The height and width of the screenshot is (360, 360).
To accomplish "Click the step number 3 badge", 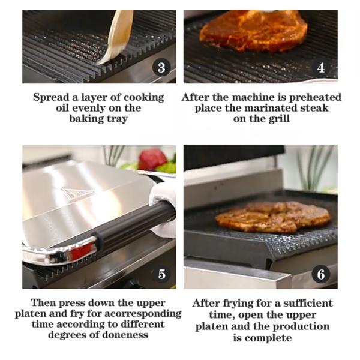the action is [161, 67].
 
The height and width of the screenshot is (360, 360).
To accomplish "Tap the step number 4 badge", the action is [321, 67].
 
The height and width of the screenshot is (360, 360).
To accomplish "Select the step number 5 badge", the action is [161, 274].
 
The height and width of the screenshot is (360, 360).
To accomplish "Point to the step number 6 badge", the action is [321, 274].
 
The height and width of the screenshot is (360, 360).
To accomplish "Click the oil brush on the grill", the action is [117, 37].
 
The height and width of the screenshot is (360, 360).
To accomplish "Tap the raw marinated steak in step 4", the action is [253, 31].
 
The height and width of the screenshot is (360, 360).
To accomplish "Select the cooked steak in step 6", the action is [273, 217].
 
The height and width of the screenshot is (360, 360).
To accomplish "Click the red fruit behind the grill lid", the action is [152, 159].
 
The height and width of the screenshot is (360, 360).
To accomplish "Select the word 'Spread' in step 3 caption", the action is [51, 98].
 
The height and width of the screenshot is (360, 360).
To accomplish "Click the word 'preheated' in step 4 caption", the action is [315, 98].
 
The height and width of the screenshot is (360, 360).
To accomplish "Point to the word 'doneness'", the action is [125, 335].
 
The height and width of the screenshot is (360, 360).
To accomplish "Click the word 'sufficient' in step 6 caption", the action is [308, 303].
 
